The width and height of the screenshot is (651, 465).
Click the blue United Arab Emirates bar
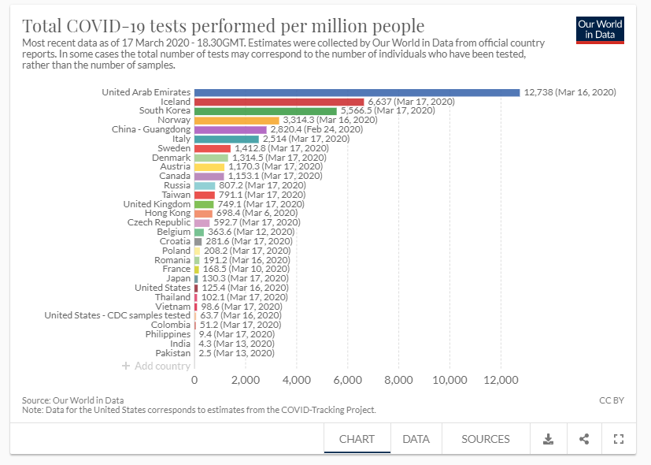[x=357, y=92]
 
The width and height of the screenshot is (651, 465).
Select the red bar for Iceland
[x=279, y=102]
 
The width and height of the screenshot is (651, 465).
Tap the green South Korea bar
[x=265, y=111]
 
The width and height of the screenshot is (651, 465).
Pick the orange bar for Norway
[x=237, y=121]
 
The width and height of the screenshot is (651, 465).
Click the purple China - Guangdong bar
[x=231, y=129]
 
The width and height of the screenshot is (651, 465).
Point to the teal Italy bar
[x=227, y=139]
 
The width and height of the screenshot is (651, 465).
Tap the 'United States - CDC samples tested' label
[x=117, y=315]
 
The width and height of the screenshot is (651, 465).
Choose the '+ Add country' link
[x=156, y=366]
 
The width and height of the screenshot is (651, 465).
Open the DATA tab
[x=416, y=439]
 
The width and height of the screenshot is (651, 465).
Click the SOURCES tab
[x=486, y=439]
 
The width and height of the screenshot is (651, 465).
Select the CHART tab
[x=357, y=439]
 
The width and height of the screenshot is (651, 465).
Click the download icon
[x=549, y=439]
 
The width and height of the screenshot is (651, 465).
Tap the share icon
[x=584, y=439]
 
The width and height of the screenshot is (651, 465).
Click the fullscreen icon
[x=618, y=439]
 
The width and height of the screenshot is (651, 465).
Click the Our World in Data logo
[x=600, y=29]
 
